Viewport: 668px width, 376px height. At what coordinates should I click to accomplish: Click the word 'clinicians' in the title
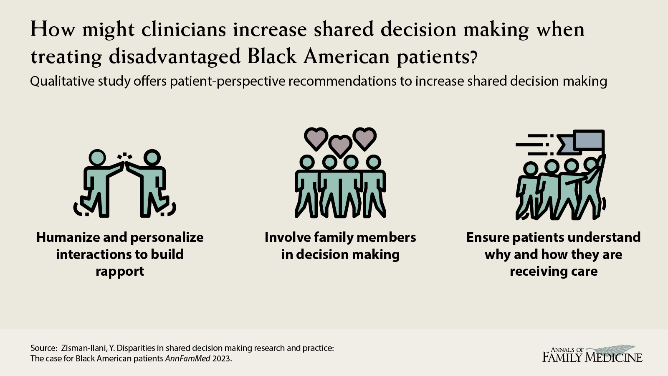[183, 30]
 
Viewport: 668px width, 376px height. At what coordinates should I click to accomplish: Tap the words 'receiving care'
[554, 272]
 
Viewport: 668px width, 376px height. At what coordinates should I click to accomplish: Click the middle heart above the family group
[340, 146]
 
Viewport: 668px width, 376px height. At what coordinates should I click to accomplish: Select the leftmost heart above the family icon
[316, 139]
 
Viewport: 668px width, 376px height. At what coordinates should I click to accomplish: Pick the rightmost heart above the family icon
[364, 139]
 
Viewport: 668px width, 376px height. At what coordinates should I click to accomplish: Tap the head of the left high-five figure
[97, 158]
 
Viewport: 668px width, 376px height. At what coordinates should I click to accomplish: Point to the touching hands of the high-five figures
[125, 165]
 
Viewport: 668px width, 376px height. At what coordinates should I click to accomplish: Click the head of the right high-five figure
[152, 158]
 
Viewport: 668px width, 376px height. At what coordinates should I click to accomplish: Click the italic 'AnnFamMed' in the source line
[187, 358]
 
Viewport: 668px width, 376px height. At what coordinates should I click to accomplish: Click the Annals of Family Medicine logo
[592, 354]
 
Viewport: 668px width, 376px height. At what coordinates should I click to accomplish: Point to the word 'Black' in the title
[272, 56]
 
